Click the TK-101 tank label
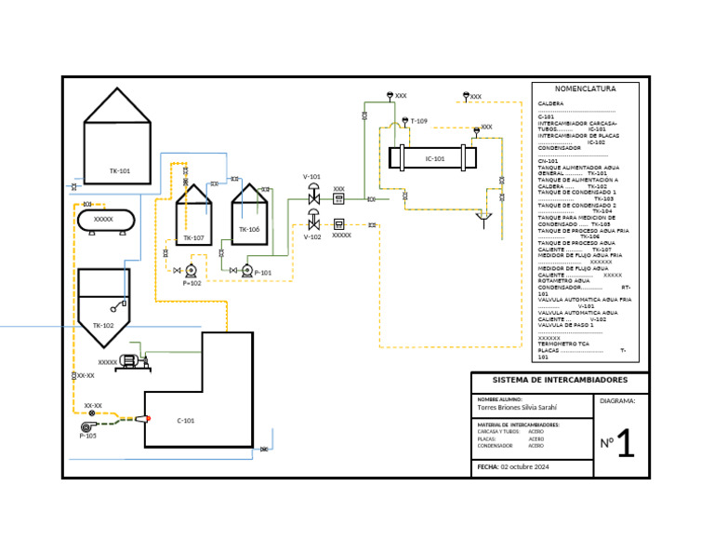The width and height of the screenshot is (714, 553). pyautogui.click(x=119, y=171)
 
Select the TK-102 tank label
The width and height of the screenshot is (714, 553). pyautogui.click(x=102, y=326)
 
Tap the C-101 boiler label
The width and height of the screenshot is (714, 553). pyautogui.click(x=186, y=421)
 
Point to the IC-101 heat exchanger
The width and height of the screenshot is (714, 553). pyautogui.click(x=434, y=158)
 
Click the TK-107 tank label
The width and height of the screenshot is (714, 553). pyautogui.click(x=193, y=238)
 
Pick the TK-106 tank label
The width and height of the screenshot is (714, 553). pyautogui.click(x=249, y=229)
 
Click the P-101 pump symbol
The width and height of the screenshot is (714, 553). pyautogui.click(x=247, y=271)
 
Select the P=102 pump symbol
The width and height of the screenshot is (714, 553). pyautogui.click(x=191, y=271)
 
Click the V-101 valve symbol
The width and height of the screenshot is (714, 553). pyautogui.click(x=314, y=196)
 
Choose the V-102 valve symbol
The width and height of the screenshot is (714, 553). pyautogui.click(x=314, y=223)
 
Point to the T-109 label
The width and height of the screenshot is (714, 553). pyautogui.click(x=418, y=121)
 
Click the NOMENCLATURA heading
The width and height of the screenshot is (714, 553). pyautogui.click(x=586, y=89)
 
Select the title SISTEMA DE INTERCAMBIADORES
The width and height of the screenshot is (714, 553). pyautogui.click(x=559, y=380)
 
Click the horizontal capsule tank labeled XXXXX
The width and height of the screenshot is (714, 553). pyautogui.click(x=103, y=220)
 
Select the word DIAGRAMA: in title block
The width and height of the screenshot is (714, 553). pyautogui.click(x=617, y=401)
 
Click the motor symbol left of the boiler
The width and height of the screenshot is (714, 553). pyautogui.click(x=130, y=361)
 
